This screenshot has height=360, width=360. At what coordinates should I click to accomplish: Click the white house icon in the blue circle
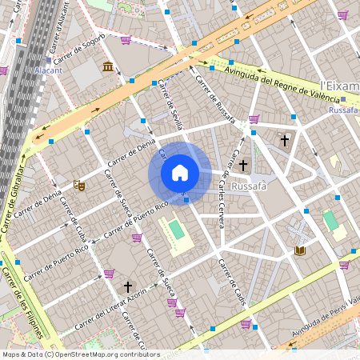(x=180, y=173)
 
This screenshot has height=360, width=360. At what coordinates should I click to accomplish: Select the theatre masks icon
(x=78, y=186)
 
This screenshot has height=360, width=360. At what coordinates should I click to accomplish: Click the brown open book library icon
(x=301, y=251)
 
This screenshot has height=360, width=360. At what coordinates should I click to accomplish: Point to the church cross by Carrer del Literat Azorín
(x=126, y=286)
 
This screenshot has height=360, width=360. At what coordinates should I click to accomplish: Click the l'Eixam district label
(x=338, y=85)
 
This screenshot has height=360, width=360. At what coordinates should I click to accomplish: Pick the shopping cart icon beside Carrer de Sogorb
(x=126, y=39)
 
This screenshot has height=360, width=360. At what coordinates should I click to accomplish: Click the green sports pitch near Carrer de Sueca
(x=176, y=230)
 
